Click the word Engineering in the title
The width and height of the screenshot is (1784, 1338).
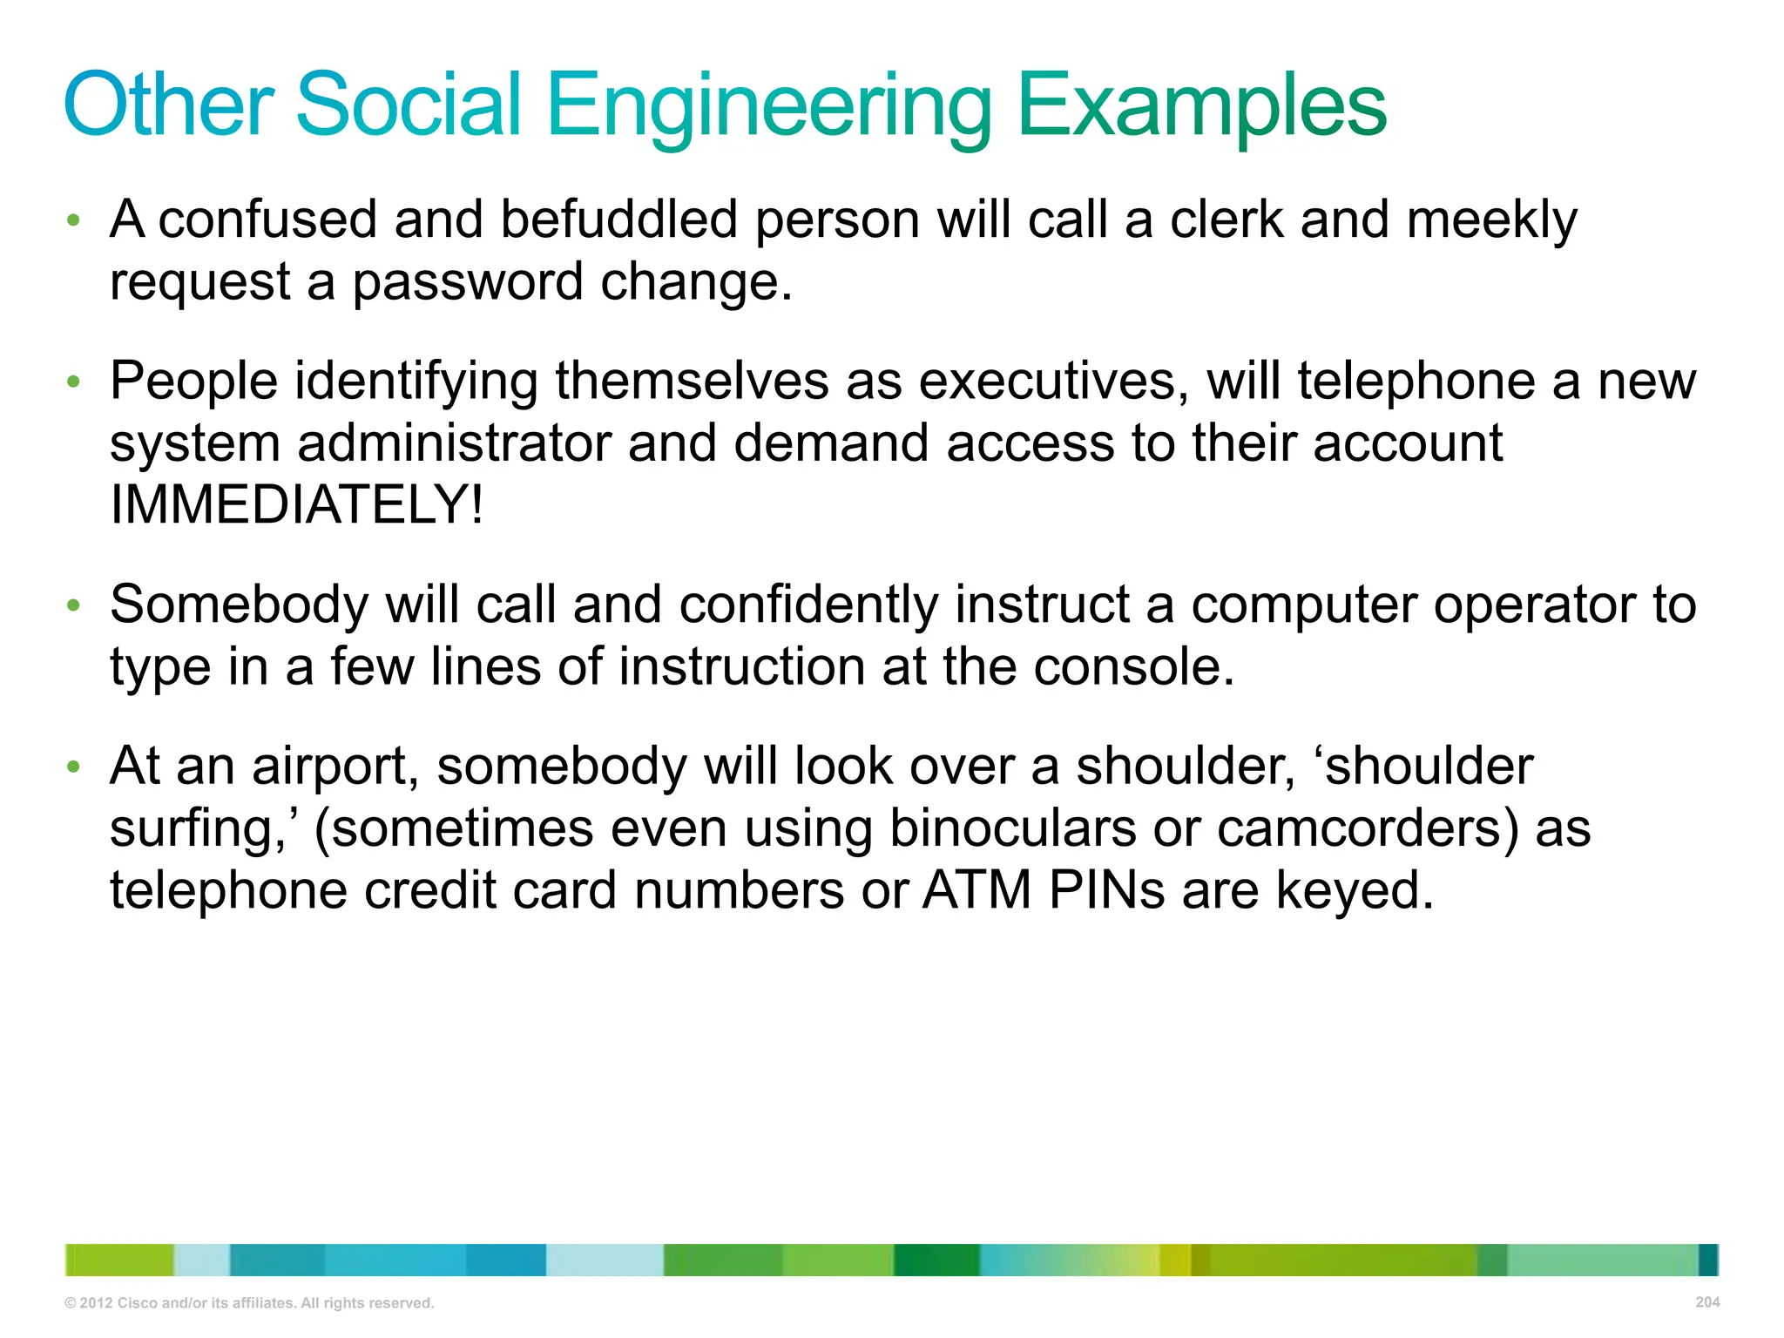point(768,106)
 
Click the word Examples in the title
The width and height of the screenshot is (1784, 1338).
point(1201,106)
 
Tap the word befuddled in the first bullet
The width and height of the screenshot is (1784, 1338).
point(618,220)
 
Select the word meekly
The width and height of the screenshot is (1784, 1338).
point(1491,220)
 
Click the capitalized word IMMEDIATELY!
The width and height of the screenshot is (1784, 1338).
point(296,505)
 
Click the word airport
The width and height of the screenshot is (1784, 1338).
point(335,767)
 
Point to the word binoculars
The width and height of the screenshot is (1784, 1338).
point(1012,828)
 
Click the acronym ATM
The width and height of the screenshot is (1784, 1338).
point(976,891)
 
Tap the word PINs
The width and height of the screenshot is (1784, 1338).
point(1106,891)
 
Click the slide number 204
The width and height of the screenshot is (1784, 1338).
point(1707,1302)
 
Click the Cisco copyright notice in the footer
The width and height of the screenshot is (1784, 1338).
point(249,1303)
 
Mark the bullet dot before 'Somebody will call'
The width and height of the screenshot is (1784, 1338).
point(74,605)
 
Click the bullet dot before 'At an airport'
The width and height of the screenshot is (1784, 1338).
point(74,767)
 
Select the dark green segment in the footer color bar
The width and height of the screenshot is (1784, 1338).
point(936,1260)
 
